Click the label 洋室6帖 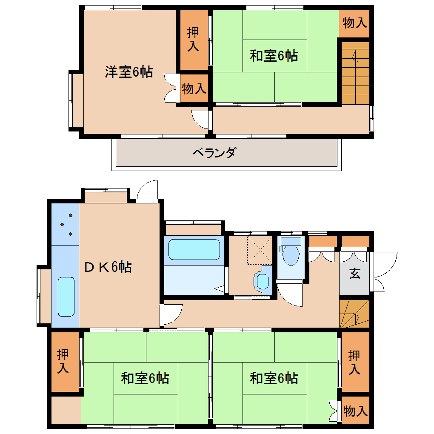pos(128,71)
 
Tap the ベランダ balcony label pos(215,152)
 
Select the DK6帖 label pos(108,267)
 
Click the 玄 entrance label pos(355,274)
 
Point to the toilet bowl pos(291,252)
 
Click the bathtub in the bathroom pos(194,249)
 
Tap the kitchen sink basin pos(66,297)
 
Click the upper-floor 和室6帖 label pos(274,56)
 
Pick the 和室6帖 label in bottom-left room pos(145,378)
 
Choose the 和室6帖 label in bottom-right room pos(274,378)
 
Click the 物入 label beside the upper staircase pos(354,23)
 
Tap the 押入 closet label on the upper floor pos(193,39)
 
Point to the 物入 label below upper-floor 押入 pos(194,89)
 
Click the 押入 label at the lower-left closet pos(63,361)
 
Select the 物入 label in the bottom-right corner pos(355,411)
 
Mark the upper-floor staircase pos(355,73)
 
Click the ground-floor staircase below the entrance pos(354,314)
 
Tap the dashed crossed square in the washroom pos(260,250)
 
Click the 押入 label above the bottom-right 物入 pos(354,363)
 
